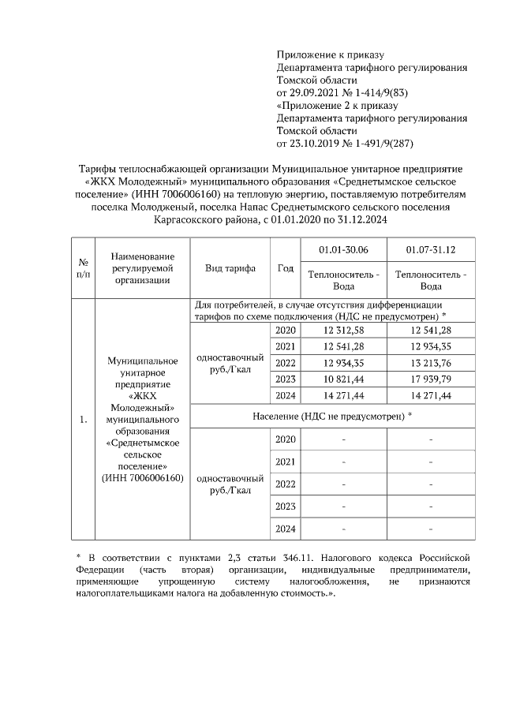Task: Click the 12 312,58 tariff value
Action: (343, 330)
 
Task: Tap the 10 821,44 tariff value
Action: (343, 379)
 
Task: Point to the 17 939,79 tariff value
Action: (430, 379)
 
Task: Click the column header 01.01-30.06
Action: (343, 250)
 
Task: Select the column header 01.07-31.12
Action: (430, 250)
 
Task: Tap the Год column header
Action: (285, 268)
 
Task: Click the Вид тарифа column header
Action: (230, 268)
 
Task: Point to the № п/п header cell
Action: (83, 268)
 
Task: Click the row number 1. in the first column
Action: (83, 419)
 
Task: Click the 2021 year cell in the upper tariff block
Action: (285, 346)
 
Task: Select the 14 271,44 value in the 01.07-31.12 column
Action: (430, 394)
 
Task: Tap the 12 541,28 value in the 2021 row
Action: (343, 346)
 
